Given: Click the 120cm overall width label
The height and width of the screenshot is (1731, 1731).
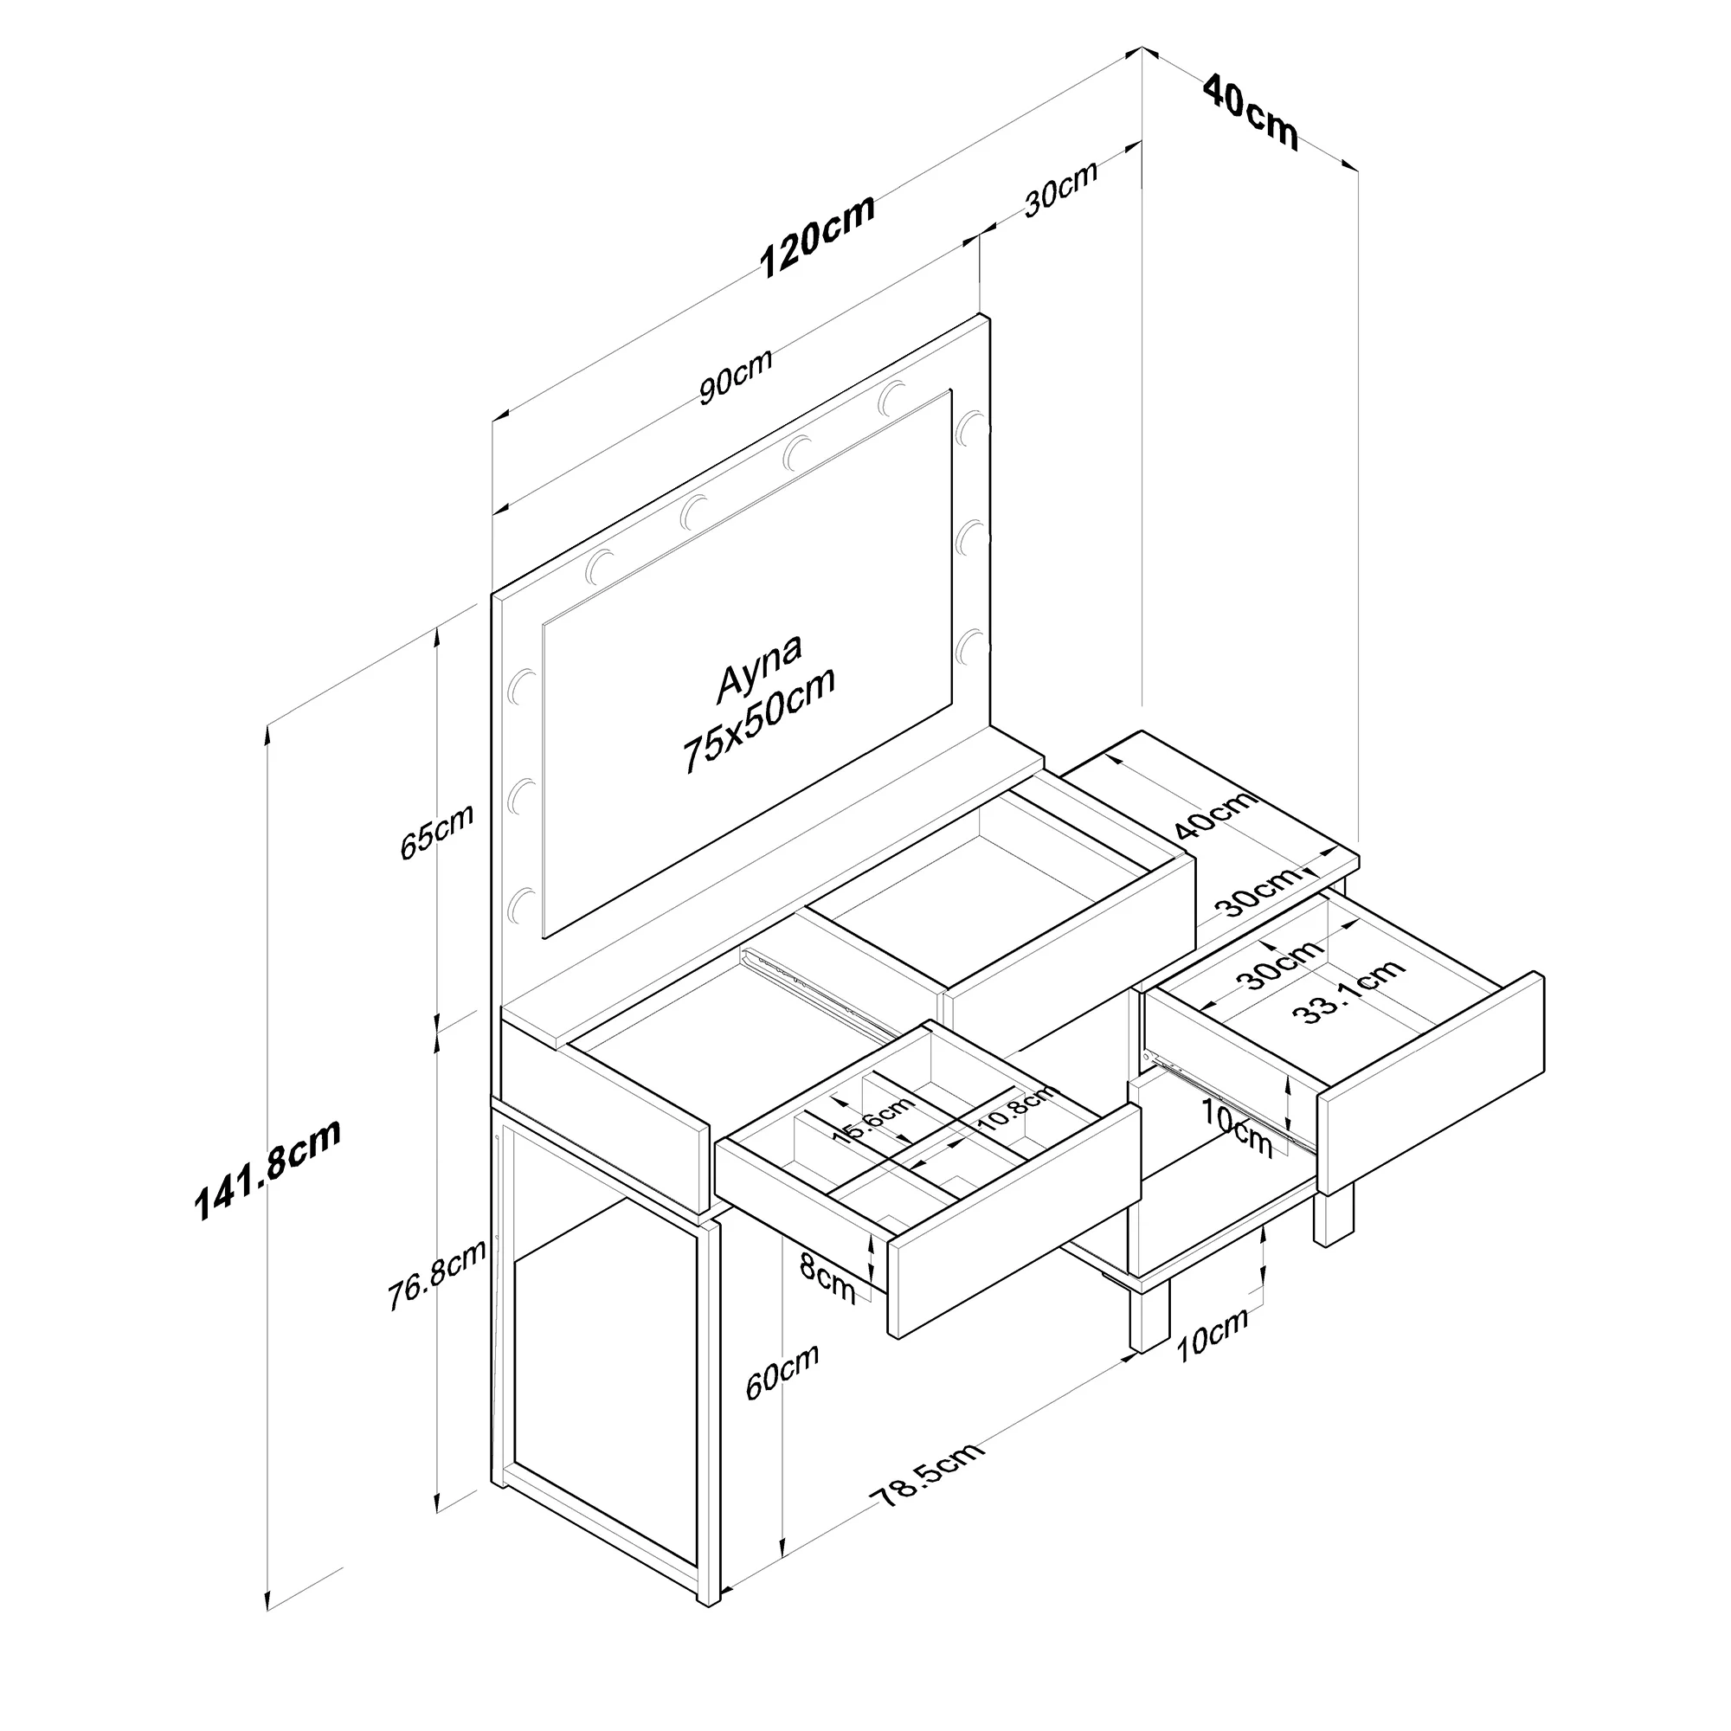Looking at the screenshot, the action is [x=817, y=235].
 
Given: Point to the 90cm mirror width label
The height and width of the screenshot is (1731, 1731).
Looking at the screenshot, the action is [x=736, y=376].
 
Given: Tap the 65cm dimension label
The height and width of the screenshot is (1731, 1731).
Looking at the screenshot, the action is [x=436, y=833].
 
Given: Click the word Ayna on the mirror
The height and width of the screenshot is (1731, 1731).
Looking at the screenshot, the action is [x=760, y=667].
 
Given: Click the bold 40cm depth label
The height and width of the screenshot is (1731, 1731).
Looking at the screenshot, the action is [x=1251, y=111].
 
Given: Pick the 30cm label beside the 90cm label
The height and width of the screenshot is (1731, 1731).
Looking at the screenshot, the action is [x=1061, y=189].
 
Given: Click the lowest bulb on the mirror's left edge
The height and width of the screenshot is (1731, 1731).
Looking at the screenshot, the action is [x=520, y=906].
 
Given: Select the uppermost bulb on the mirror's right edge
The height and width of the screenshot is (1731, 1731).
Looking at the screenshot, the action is [x=968, y=428].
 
